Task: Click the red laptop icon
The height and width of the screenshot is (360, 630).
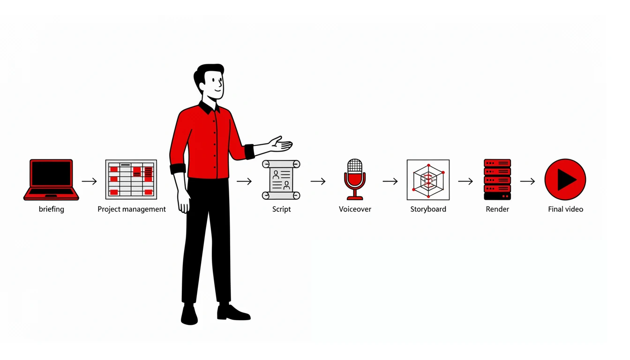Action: (x=51, y=180)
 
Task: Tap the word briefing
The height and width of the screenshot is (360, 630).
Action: (x=52, y=209)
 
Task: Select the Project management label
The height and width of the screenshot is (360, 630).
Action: (x=132, y=209)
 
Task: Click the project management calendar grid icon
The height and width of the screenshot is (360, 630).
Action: (x=131, y=180)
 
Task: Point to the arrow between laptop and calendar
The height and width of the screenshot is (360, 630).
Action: (x=89, y=181)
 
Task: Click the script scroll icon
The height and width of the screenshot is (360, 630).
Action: (x=281, y=180)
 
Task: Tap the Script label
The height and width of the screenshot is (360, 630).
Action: (x=282, y=209)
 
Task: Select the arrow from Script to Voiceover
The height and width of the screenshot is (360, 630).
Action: (x=318, y=181)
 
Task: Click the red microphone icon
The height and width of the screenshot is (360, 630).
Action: (x=355, y=180)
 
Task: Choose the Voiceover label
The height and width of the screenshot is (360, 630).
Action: (x=355, y=209)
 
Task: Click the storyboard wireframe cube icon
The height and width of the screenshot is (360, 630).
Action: (x=428, y=180)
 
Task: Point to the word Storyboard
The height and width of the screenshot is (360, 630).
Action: (x=428, y=209)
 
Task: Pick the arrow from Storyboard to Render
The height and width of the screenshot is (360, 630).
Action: (x=465, y=181)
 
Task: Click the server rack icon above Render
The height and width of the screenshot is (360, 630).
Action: (x=497, y=180)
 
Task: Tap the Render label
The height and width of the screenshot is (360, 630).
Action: (x=497, y=209)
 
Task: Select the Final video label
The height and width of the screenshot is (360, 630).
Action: (x=566, y=209)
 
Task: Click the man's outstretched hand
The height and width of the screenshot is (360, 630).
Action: (x=280, y=144)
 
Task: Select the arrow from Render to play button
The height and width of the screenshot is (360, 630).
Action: (x=527, y=181)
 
